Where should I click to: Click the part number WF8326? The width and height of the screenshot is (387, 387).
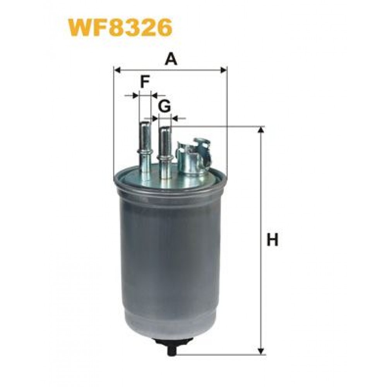(x=120, y=28)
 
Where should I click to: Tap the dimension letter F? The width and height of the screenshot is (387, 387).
(x=145, y=82)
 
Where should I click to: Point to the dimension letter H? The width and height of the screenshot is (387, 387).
(x=272, y=240)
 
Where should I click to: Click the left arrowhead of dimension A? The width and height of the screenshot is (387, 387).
(x=117, y=70)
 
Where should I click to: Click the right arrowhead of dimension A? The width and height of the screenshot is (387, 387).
(x=223, y=70)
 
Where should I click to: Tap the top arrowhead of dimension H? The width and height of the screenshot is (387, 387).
(x=260, y=130)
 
